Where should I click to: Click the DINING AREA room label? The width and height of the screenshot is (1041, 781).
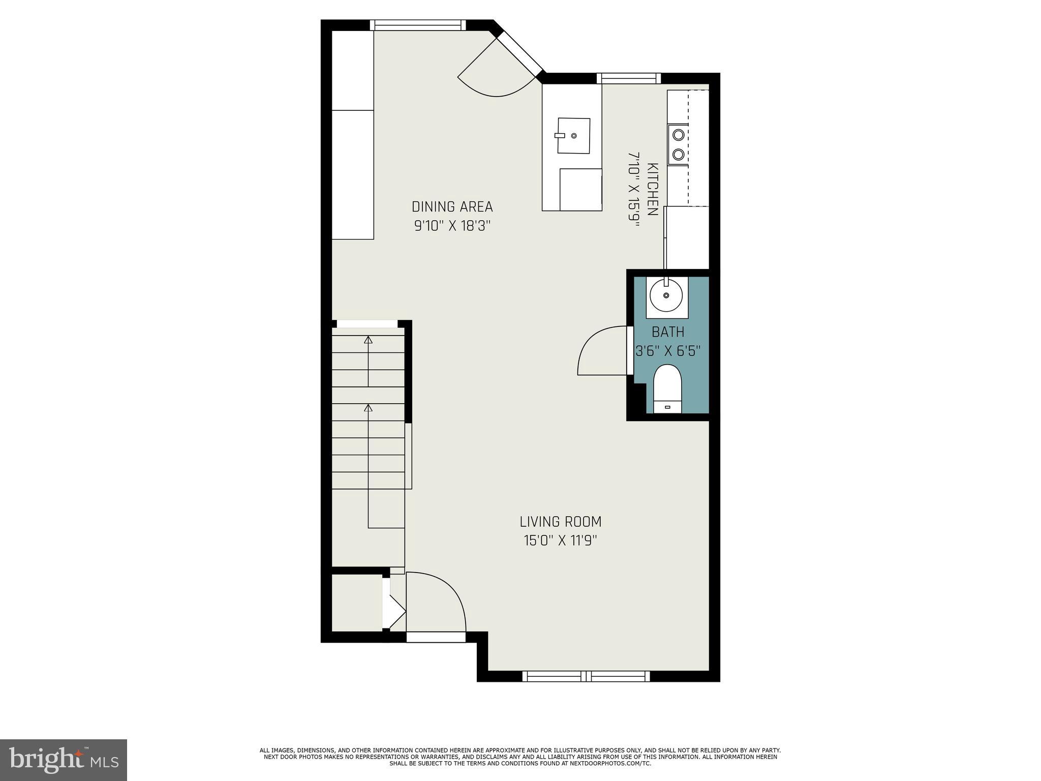pos(452,207)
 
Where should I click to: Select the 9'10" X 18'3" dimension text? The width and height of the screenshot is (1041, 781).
pos(452,226)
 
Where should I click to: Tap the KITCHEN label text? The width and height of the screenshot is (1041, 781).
pos(653,189)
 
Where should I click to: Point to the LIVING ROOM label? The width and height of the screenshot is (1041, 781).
pos(560,522)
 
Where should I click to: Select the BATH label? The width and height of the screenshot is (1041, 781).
pos(668,332)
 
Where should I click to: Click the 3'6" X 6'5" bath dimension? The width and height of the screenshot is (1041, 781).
pos(668,351)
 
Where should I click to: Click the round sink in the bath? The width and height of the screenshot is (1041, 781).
pos(666,295)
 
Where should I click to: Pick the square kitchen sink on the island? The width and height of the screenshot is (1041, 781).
pos(574,136)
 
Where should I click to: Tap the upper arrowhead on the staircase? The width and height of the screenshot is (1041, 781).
pos(369,340)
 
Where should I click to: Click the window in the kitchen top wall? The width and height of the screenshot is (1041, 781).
pos(629,78)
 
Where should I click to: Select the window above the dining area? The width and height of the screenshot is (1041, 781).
pos(418,25)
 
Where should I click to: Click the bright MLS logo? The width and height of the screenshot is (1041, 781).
pos(64,760)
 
